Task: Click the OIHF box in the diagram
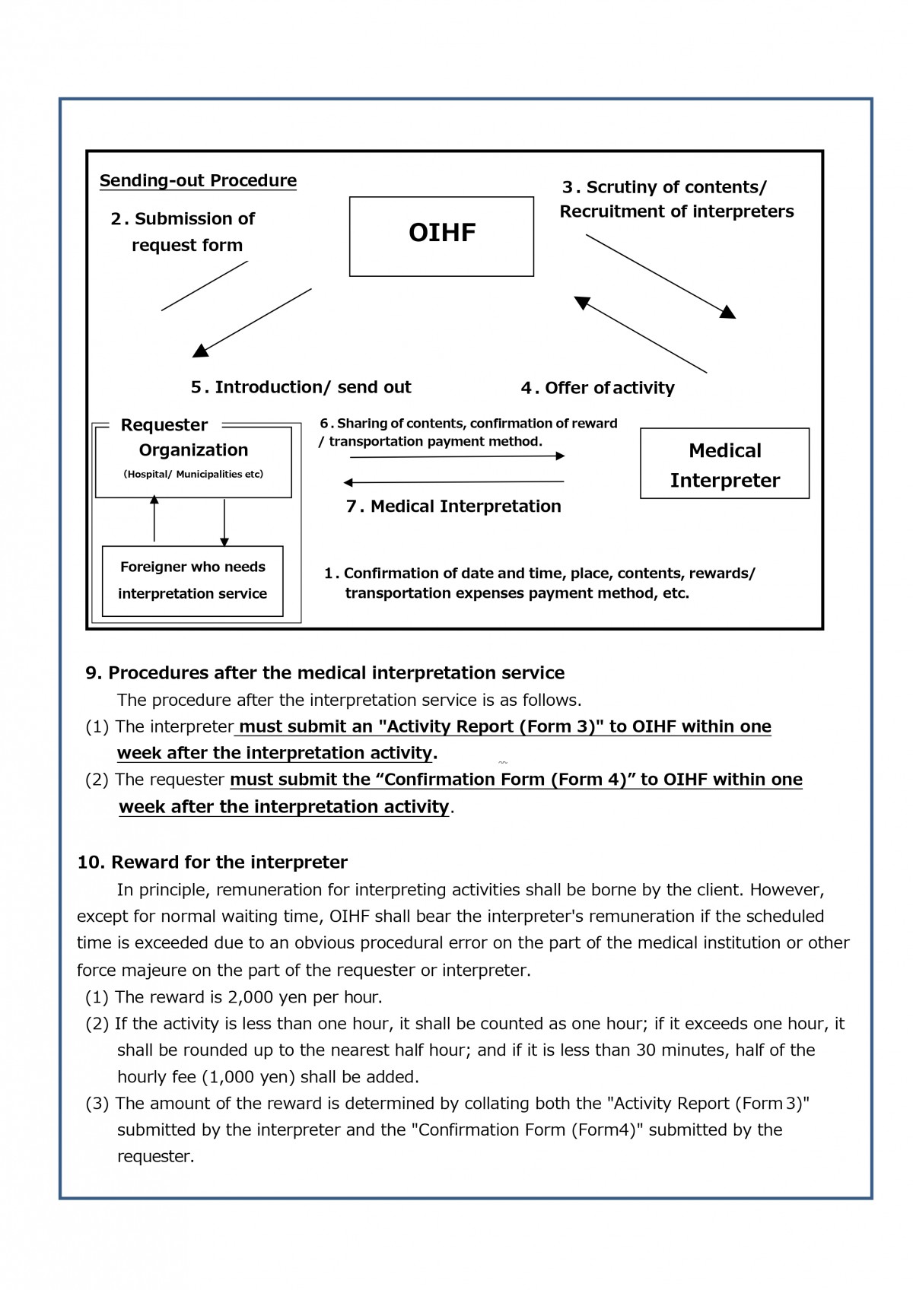click(x=441, y=237)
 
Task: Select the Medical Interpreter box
click(x=724, y=464)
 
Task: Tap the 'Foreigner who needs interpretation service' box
click(x=192, y=580)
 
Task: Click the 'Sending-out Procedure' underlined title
click(x=198, y=181)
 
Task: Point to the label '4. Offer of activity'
click(x=598, y=388)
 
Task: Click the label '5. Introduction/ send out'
click(x=301, y=387)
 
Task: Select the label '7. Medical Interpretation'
click(x=453, y=507)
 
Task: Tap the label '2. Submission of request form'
click(x=183, y=232)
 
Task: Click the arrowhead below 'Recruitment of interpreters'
click(x=728, y=312)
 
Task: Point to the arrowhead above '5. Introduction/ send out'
click(x=200, y=351)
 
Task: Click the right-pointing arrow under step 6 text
click(x=456, y=456)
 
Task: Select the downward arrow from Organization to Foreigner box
click(x=224, y=523)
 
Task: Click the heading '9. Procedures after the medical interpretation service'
click(x=325, y=673)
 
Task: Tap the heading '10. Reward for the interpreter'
click(x=212, y=863)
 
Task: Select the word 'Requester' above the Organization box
click(x=164, y=425)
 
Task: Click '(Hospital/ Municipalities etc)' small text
click(x=193, y=475)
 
